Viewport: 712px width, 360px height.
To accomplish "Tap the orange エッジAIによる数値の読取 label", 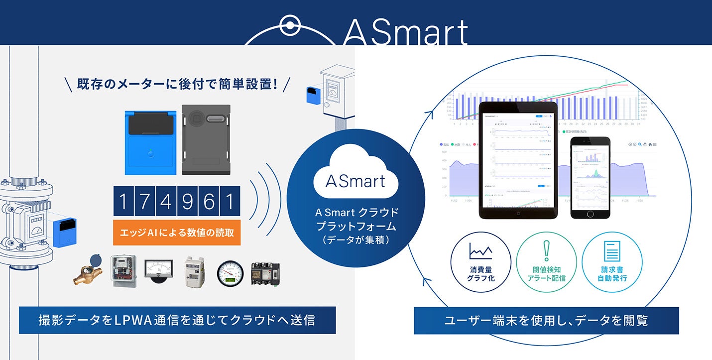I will coord(177,232).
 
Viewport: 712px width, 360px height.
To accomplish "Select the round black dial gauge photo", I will coord(230,273).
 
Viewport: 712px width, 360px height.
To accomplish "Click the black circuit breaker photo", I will coord(265,273).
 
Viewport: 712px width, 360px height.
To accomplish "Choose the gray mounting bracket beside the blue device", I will coord(206,139).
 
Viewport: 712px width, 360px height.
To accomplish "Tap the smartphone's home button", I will coord(590,213).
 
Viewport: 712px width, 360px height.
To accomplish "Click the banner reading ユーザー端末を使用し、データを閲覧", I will coord(546,320).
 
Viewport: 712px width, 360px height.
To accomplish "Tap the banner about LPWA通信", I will coord(177,320).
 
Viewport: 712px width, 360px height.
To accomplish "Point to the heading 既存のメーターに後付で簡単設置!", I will coord(177,84).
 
